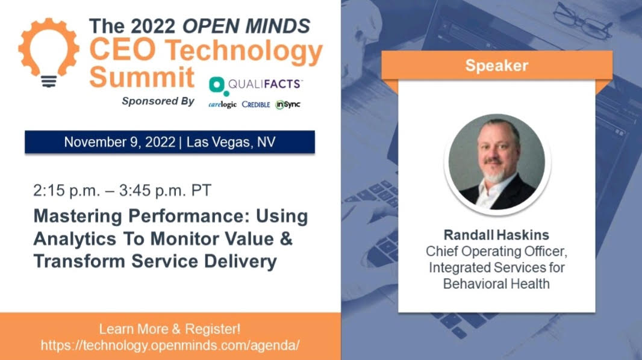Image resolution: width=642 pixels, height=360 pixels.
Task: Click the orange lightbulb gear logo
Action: (49, 52)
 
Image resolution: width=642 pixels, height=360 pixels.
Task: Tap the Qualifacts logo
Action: (255, 85)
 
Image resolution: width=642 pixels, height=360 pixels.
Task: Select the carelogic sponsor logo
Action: (222, 105)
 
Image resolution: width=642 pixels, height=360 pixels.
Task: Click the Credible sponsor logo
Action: (256, 104)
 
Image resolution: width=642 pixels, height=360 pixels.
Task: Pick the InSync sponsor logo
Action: (288, 105)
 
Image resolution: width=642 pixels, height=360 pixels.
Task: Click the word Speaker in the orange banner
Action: (497, 66)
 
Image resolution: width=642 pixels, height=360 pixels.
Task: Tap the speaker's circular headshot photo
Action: (497, 163)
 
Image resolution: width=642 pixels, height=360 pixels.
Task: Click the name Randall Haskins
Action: (496, 235)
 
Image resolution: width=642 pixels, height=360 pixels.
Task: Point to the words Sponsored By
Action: (158, 101)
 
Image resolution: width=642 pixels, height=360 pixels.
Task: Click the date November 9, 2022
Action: (120, 142)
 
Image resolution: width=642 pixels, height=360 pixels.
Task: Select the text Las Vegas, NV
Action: (231, 142)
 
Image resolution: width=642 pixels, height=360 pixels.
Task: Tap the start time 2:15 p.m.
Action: (67, 191)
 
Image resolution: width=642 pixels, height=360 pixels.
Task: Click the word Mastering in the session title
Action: (78, 216)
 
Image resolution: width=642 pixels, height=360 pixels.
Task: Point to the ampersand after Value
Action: (286, 238)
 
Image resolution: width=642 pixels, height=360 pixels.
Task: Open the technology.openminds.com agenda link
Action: (170, 346)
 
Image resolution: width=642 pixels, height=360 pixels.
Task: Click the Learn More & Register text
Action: (169, 329)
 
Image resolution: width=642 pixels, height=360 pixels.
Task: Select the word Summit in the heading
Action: (142, 77)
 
